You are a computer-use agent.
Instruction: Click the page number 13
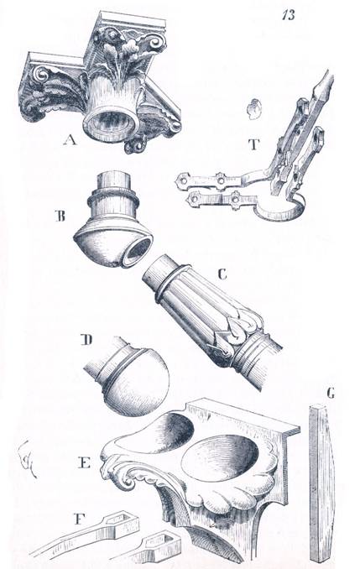(289, 15)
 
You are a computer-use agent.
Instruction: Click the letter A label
(70, 139)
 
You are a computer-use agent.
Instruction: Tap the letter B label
(60, 217)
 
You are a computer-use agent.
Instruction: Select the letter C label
(222, 274)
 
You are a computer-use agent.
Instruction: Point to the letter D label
(87, 340)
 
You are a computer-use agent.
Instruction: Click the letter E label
(84, 462)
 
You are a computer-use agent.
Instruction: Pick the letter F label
(79, 519)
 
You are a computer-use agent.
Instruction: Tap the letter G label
(331, 394)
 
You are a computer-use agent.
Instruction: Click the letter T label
(254, 144)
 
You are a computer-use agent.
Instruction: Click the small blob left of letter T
(254, 109)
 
